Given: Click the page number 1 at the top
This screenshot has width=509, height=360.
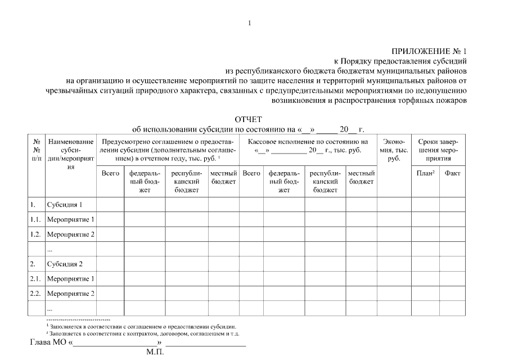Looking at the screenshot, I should click(x=249, y=23).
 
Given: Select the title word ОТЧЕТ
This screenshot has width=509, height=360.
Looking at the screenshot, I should click(x=248, y=119).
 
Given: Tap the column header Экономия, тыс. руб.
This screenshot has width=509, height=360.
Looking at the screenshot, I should click(x=394, y=150).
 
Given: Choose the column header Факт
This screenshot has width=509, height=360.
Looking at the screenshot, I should click(x=452, y=173).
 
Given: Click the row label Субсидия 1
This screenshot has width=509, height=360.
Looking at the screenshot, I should click(x=65, y=204).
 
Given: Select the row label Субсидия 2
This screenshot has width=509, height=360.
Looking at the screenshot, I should click(x=65, y=263).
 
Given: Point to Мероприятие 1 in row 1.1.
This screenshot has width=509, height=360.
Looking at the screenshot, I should click(x=71, y=219).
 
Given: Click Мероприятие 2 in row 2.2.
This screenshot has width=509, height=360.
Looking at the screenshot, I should click(x=71, y=293).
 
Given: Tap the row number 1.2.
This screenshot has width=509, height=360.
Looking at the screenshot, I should click(x=35, y=233).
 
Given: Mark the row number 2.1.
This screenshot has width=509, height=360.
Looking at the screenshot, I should click(x=35, y=278).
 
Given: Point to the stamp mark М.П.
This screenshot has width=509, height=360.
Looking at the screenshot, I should click(x=155, y=353).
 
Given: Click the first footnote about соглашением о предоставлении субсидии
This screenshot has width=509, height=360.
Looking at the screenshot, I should click(x=141, y=326).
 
